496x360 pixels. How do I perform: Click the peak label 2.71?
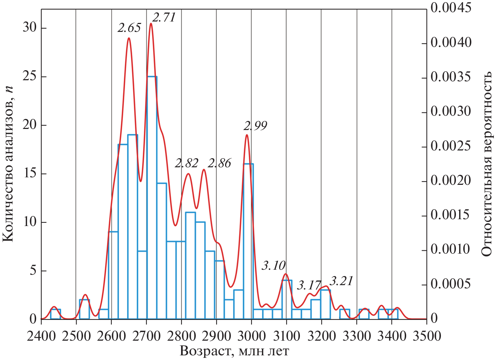(x=164, y=17)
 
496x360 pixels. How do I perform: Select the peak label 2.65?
(x=129, y=28)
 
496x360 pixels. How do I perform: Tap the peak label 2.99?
(x=255, y=126)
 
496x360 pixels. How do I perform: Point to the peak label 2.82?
(x=186, y=163)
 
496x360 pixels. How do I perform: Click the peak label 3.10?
(x=274, y=265)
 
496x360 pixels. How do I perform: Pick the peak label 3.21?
(x=341, y=281)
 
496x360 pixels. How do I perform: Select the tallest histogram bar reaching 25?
(x=152, y=197)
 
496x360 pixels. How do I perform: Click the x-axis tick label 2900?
(x=217, y=336)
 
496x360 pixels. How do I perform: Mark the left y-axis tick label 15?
(x=30, y=173)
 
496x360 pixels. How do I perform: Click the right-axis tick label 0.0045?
(x=451, y=8)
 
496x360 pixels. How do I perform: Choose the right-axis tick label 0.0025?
(x=451, y=146)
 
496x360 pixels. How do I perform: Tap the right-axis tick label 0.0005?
(x=451, y=284)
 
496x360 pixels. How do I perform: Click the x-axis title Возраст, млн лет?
(x=234, y=351)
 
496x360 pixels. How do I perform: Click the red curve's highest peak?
(x=151, y=24)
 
